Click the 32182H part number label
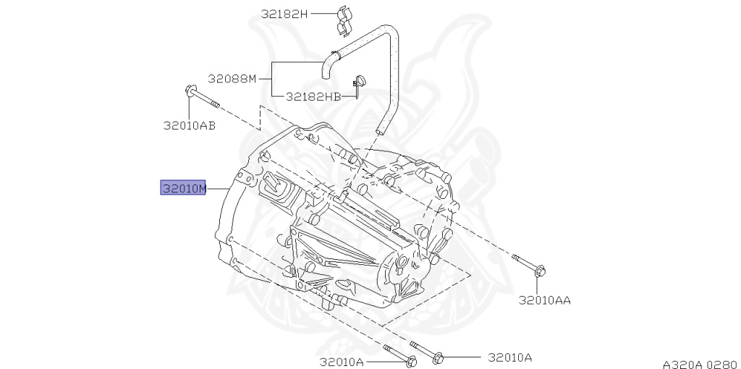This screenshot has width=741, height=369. point(284,14)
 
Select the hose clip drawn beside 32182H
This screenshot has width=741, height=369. point(345,21)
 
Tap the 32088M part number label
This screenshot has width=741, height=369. point(232,78)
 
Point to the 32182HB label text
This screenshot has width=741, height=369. point(313,96)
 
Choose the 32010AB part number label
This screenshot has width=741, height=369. point(190,125)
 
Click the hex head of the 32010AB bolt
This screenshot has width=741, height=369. point(190,90)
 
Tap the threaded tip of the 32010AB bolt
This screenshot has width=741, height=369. point(215,103)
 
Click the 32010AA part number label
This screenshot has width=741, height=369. point(545,300)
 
